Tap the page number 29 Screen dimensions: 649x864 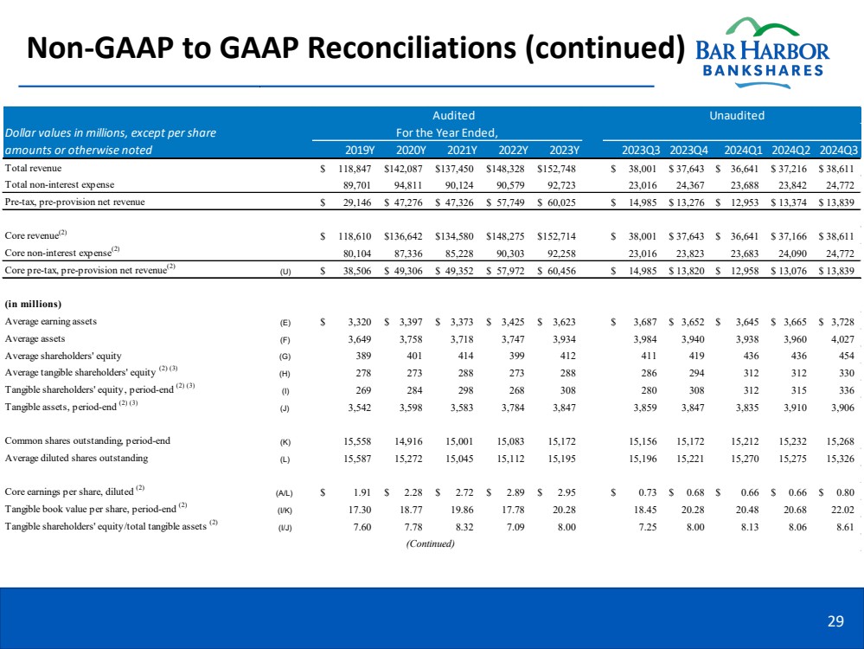835,619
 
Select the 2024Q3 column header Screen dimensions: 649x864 838,150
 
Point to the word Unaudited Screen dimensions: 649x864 737,115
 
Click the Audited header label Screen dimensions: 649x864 453,115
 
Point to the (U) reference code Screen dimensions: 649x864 285,271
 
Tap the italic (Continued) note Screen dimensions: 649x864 429,543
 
